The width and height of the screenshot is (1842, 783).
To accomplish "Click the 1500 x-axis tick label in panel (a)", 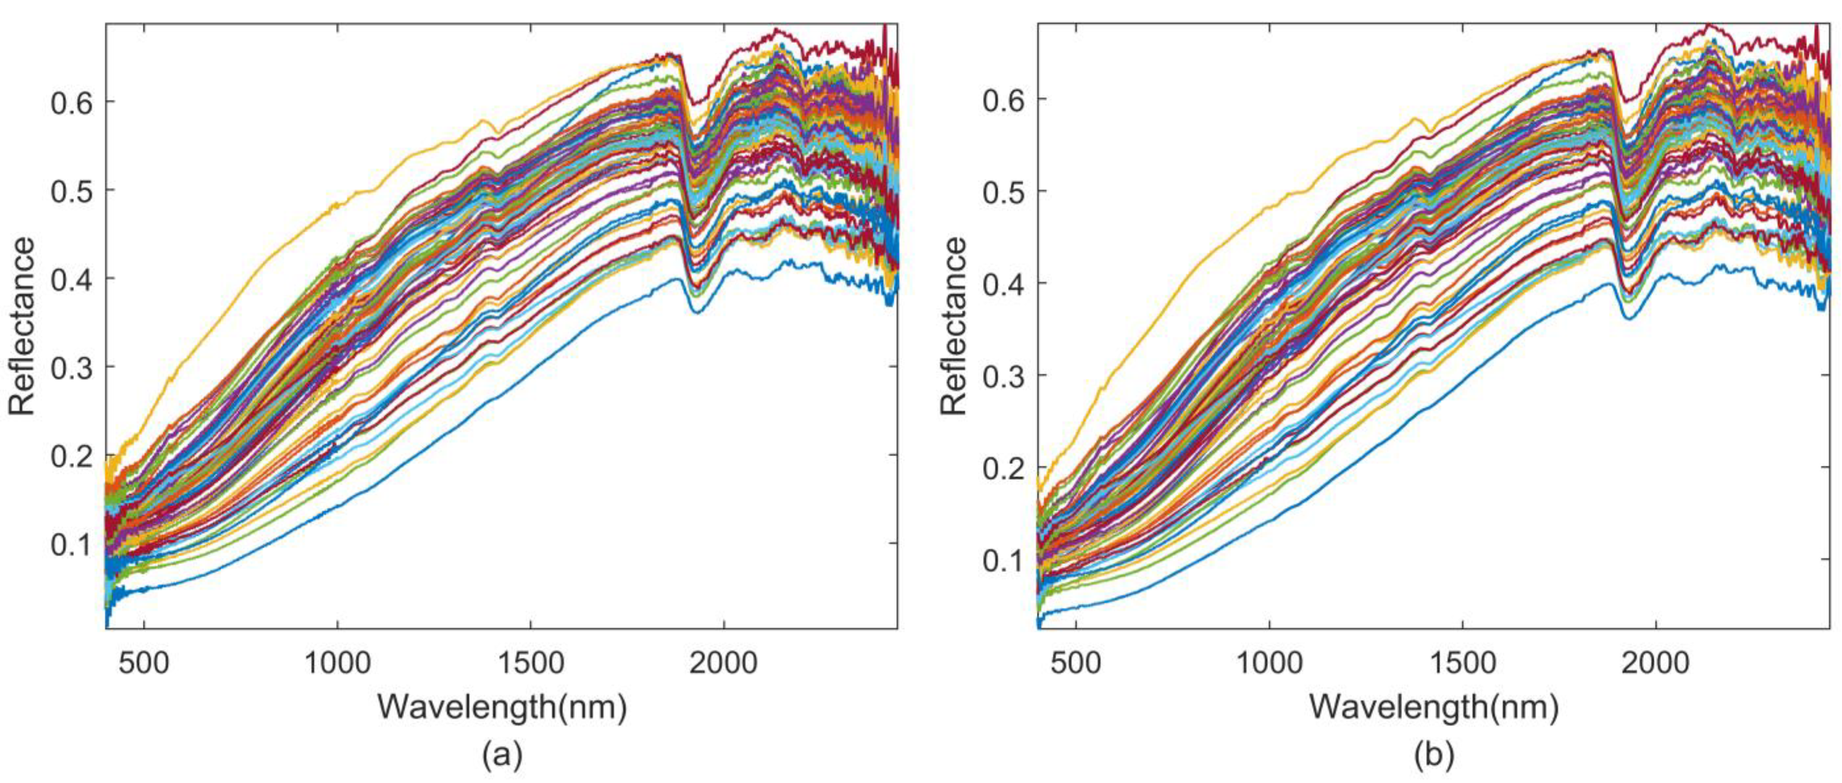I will [530, 663].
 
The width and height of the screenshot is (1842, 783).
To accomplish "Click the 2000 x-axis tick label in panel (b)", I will [1655, 663].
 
